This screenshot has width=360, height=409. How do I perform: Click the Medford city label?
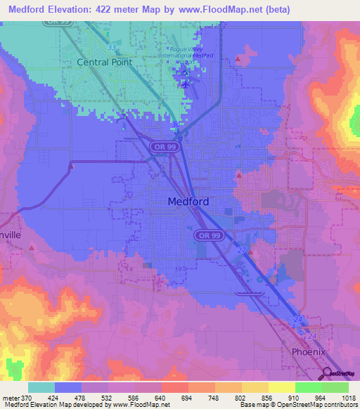tap(188, 202)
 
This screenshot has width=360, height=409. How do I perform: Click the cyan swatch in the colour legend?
tap(41, 387)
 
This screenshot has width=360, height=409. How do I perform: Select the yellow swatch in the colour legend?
tap(281, 387)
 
